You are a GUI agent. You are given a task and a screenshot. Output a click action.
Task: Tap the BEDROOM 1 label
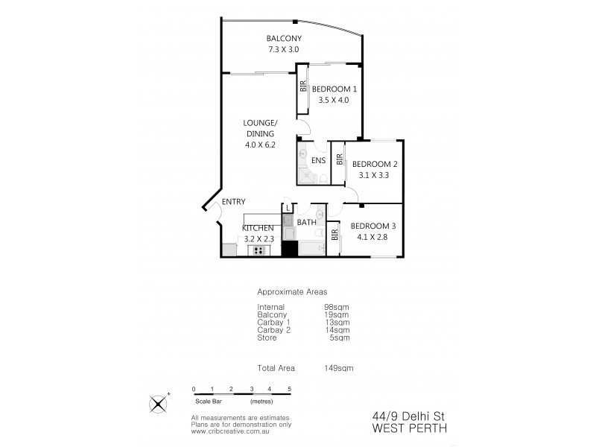(329, 89)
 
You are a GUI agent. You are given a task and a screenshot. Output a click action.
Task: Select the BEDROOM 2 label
(375, 165)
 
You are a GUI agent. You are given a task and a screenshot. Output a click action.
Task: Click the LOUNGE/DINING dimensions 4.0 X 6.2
(260, 145)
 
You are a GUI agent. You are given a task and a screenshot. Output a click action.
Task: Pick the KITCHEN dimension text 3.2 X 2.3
(260, 239)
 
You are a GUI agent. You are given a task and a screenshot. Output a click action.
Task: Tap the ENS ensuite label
(318, 160)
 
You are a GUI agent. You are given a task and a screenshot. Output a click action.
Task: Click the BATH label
(307, 223)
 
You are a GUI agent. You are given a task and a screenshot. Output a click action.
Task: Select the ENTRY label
(234, 202)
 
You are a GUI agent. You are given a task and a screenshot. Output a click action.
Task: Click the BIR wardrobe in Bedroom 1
(303, 86)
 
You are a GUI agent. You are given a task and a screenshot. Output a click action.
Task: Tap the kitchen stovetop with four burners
(259, 251)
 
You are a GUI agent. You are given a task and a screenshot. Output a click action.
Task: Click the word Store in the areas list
(267, 337)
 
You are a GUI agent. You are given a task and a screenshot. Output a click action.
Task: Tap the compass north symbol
(159, 403)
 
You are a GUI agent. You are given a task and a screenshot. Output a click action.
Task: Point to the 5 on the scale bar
(289, 389)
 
